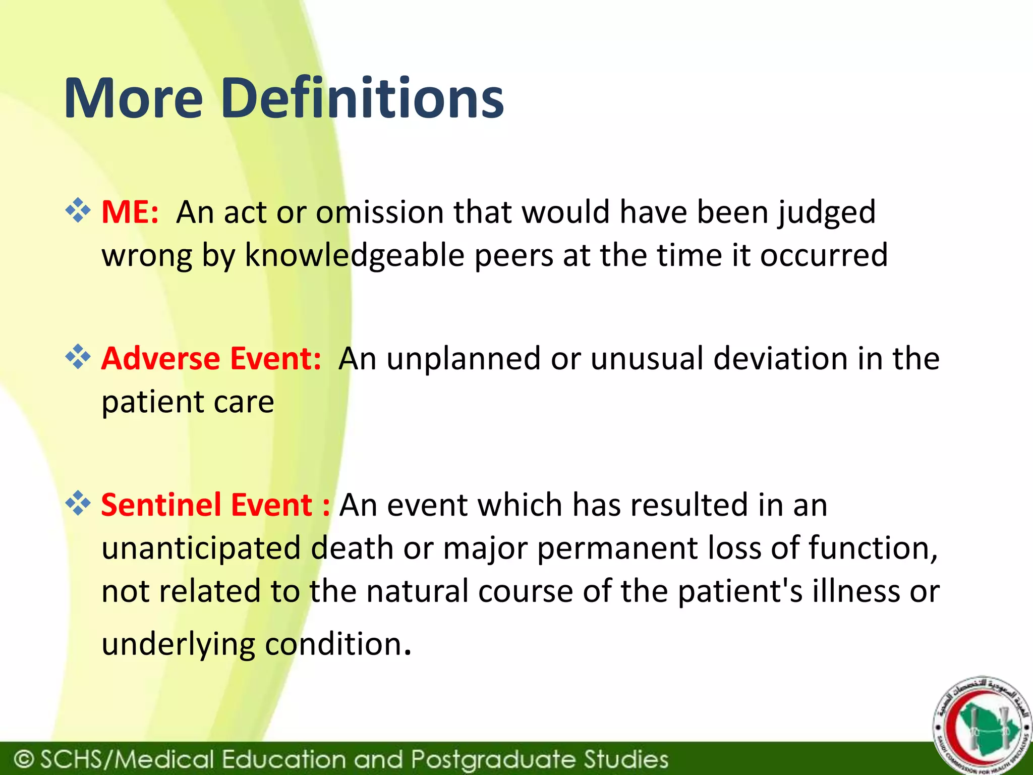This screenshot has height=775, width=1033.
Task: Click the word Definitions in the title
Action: pos(362,98)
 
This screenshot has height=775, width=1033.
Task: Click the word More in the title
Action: pos(134,98)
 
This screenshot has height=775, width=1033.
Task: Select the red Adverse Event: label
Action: pos(211,359)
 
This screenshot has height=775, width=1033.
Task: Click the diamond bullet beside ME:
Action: pos(78,210)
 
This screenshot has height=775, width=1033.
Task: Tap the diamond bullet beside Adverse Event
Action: pos(78,357)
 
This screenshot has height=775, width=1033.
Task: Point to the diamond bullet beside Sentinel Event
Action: pos(78,503)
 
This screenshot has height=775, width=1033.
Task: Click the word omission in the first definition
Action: pos(379,212)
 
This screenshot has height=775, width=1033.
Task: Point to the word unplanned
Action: pos(464,359)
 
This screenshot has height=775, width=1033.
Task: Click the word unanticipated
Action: pos(201,548)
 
